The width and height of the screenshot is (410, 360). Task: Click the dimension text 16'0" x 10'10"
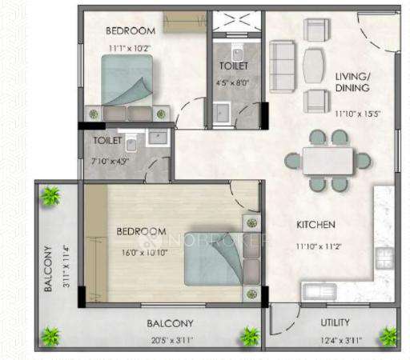141,249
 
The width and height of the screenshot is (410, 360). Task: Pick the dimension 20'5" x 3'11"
169,338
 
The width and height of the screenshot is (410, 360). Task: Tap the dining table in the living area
328,160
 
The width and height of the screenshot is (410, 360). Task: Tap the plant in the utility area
388,335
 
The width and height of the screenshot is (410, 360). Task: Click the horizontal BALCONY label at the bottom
169,324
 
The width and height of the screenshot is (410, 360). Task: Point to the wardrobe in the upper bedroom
185,22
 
